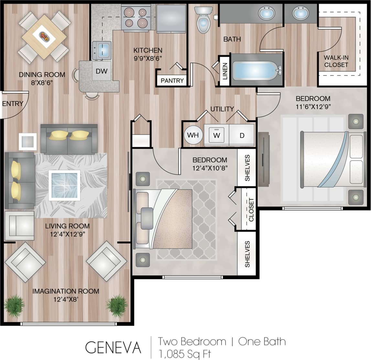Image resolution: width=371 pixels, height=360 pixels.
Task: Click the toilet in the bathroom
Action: click(203, 21)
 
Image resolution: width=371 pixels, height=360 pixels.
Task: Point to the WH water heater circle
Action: click(193, 135)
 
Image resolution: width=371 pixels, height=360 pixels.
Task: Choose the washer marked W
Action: click(216, 135)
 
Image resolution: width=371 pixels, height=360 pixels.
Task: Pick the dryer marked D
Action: click(242, 135)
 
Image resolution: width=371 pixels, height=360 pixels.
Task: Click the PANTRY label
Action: click(172, 80)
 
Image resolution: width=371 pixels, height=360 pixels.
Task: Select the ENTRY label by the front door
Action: click(13, 104)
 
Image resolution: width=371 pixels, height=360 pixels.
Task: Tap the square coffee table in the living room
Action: click(64, 185)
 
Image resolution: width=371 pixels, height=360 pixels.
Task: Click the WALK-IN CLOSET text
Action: click(336, 61)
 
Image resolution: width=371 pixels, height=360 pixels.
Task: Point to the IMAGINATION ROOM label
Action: click(66, 291)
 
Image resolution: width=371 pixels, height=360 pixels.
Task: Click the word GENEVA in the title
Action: click(113, 347)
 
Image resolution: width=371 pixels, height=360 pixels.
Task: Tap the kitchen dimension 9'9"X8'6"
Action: click(148, 58)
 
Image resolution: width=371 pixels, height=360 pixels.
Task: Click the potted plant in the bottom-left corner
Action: click(14, 305)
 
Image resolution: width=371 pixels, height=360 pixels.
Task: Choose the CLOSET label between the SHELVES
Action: click(251, 209)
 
